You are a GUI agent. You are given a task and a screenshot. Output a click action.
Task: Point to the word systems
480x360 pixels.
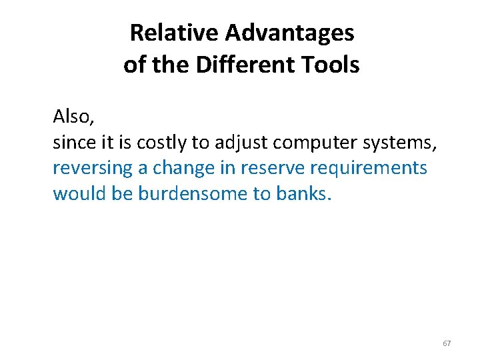click(403, 143)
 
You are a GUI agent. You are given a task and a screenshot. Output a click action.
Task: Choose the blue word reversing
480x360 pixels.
click(93, 168)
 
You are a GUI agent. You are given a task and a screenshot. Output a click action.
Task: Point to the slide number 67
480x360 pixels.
click(447, 343)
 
